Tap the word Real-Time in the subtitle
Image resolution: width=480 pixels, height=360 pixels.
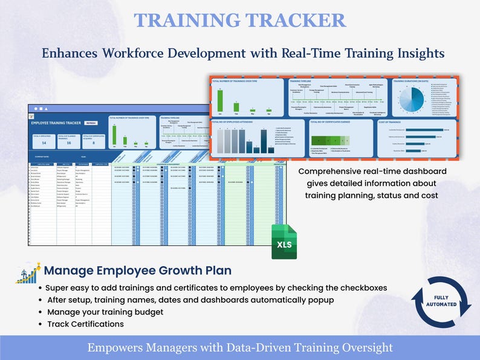(x=310, y=53)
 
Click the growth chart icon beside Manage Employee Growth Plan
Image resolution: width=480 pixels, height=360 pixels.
(x=28, y=272)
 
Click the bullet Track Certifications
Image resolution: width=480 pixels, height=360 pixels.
(x=85, y=324)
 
